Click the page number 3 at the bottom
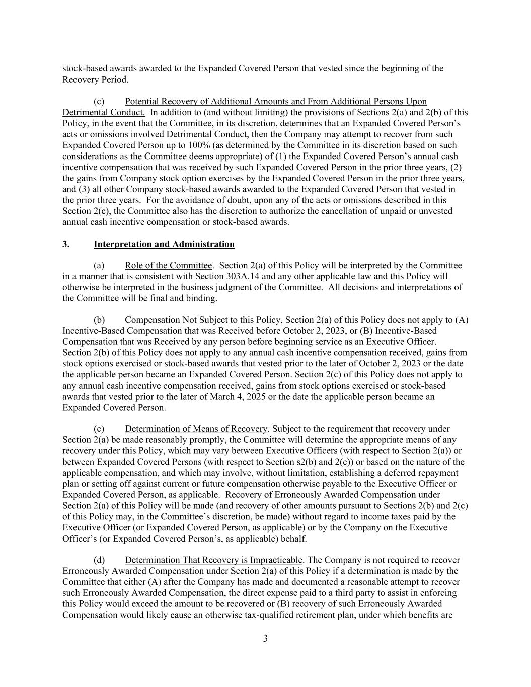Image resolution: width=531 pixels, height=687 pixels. click(265, 639)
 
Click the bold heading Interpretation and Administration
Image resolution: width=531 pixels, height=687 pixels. click(164, 244)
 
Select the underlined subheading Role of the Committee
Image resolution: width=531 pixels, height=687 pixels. click(168, 265)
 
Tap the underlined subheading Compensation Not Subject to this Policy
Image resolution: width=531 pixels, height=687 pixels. click(202, 320)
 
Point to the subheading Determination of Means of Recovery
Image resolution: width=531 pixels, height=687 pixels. click(196, 429)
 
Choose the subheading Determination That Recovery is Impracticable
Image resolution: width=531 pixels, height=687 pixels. click(213, 560)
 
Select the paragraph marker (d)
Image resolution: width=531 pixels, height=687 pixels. click(99, 560)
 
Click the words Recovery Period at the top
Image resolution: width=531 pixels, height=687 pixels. click(95, 80)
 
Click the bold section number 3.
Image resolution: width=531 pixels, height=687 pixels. click(66, 244)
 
